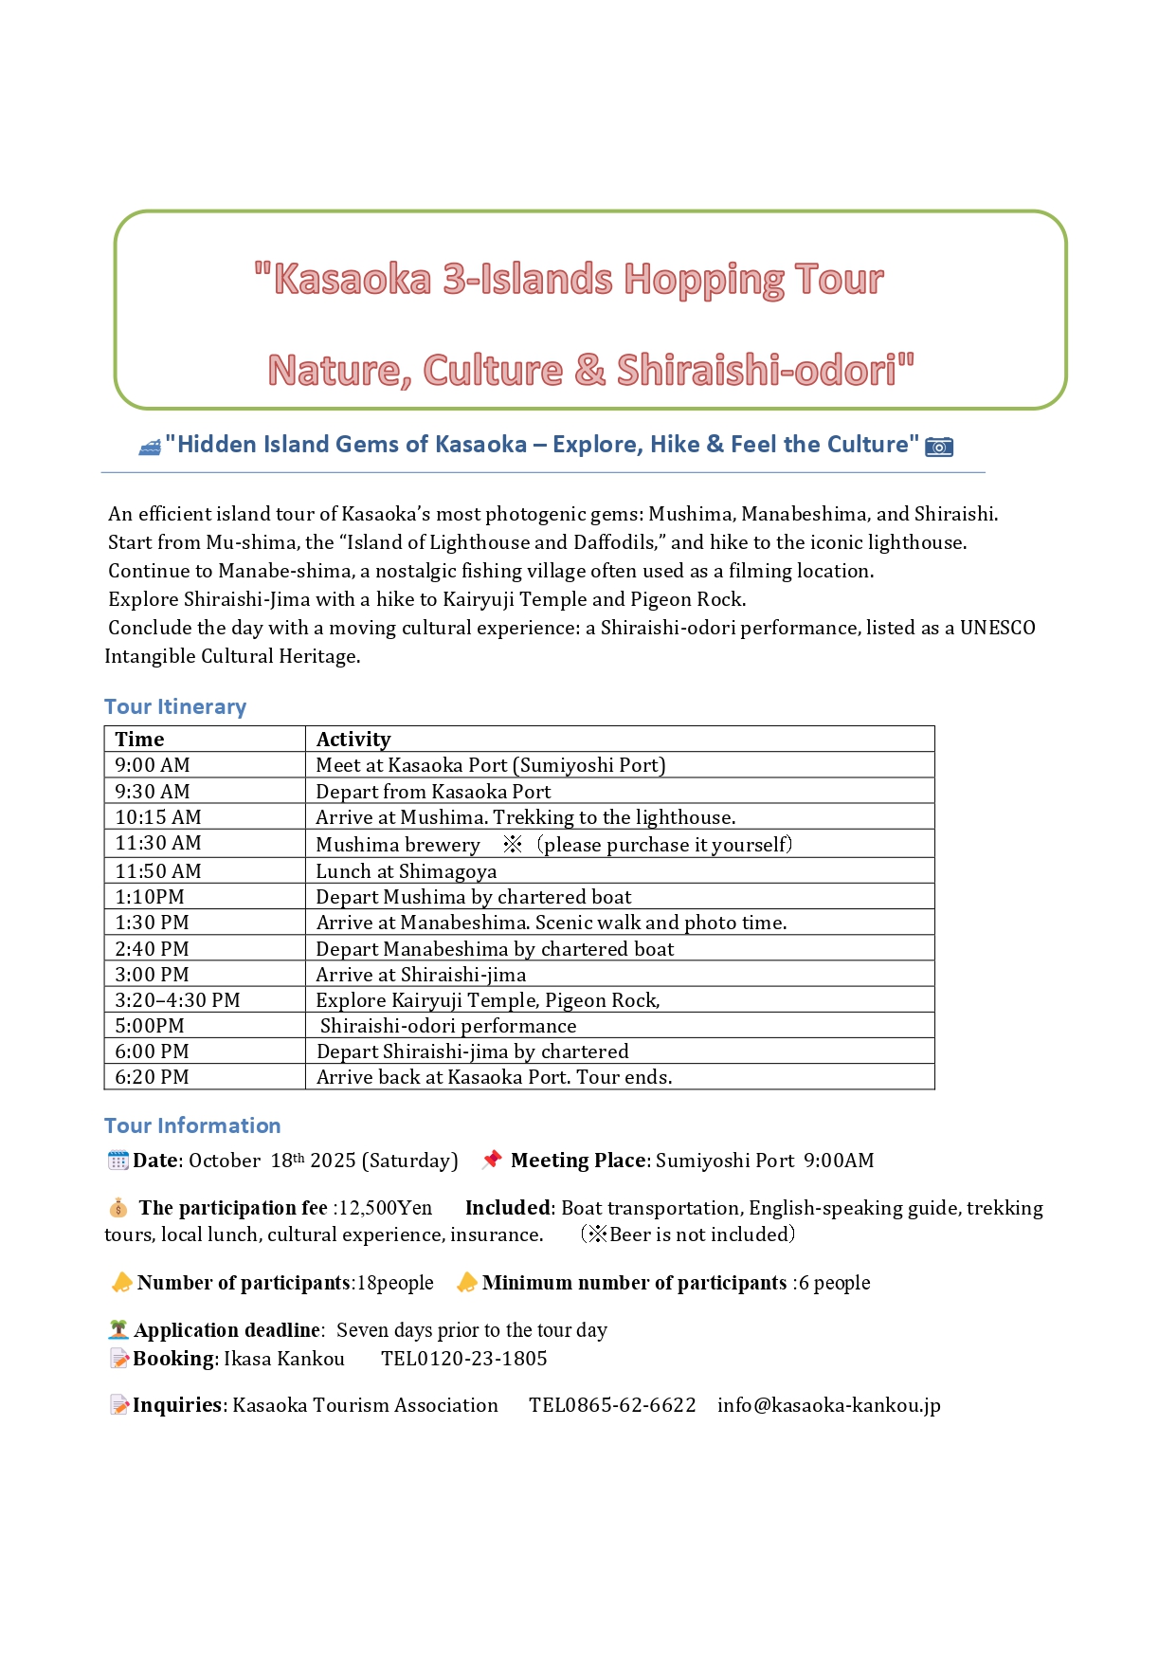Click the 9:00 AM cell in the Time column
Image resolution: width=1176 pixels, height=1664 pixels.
(x=153, y=765)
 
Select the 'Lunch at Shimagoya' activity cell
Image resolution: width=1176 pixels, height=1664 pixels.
(x=407, y=871)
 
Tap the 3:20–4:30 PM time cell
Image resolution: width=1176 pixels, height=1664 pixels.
(x=177, y=1000)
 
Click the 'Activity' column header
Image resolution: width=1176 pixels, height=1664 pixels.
(x=353, y=740)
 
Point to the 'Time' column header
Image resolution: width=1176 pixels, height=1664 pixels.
(x=139, y=740)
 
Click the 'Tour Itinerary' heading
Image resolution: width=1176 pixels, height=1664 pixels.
(x=175, y=706)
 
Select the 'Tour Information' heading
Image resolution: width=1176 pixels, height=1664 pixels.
(x=192, y=1125)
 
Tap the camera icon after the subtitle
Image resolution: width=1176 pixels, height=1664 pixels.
(x=938, y=446)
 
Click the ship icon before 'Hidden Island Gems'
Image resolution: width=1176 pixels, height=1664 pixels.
(x=150, y=447)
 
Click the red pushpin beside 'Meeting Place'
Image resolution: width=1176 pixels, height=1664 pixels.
(x=491, y=1160)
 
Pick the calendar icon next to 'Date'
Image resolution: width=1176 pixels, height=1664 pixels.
(x=118, y=1161)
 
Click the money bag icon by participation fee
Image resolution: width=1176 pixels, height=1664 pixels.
(x=118, y=1208)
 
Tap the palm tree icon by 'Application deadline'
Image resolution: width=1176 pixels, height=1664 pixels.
(x=118, y=1330)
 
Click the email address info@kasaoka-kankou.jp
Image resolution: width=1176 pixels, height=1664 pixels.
(x=828, y=1405)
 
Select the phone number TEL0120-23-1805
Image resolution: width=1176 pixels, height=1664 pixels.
(x=463, y=1359)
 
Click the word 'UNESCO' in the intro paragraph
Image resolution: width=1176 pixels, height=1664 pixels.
(x=997, y=628)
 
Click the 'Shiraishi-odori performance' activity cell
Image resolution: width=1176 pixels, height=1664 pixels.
(x=447, y=1026)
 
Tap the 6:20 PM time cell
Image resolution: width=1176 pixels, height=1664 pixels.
(x=152, y=1077)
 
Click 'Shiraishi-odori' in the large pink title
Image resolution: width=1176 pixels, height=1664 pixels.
(x=756, y=370)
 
